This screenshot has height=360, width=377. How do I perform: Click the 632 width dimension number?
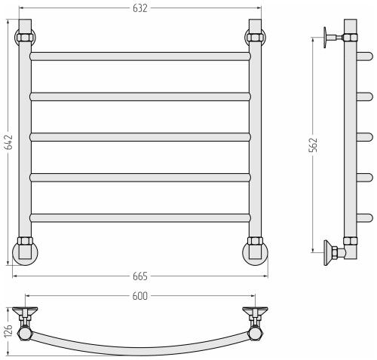(140, 8)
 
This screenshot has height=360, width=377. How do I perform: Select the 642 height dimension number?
(9, 142)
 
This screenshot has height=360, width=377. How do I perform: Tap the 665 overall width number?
(140, 276)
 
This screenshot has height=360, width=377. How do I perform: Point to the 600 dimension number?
(140, 296)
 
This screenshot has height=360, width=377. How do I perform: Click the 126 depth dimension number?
(8, 331)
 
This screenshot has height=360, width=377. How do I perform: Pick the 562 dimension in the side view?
(314, 145)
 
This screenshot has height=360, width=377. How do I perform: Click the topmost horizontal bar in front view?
(140, 56)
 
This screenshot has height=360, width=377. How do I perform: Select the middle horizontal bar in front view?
(140, 137)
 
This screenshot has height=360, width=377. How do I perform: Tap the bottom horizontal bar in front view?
(140, 218)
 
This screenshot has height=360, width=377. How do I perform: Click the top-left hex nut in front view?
(25, 38)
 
